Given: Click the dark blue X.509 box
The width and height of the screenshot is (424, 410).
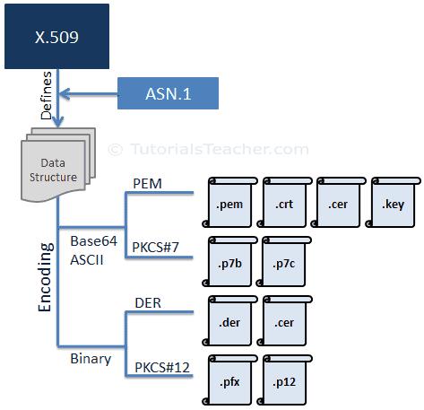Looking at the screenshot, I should pos(56,36).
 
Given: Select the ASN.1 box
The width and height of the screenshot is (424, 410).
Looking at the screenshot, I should pos(168,92).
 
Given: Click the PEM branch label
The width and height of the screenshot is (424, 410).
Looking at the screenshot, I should pos(147,183).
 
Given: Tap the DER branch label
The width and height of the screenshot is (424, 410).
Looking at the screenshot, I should pos(147,303).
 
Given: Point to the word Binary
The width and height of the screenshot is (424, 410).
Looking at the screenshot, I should pos(91,358).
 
